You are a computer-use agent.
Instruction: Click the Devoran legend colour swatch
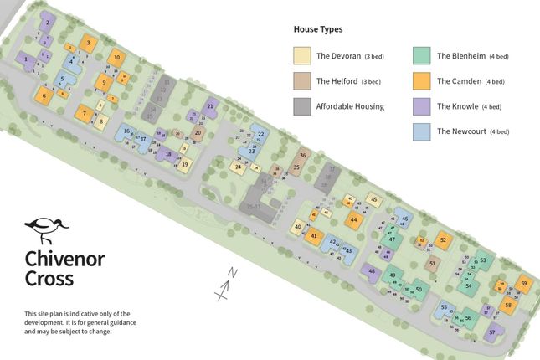(x=301, y=56)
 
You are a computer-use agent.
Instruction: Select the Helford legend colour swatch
(x=301, y=81)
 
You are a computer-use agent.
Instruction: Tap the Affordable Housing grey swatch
(x=301, y=106)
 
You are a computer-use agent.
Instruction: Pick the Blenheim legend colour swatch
(x=423, y=56)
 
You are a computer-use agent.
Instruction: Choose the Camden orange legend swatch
(x=423, y=81)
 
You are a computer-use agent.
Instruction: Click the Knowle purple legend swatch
(x=423, y=106)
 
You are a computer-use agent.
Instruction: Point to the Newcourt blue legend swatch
(x=423, y=131)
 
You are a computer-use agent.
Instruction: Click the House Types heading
(x=317, y=29)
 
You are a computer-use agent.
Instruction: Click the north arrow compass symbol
(x=224, y=285)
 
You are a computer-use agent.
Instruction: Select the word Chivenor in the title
(x=64, y=259)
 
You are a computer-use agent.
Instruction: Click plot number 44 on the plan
(x=354, y=219)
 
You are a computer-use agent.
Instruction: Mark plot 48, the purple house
(x=371, y=270)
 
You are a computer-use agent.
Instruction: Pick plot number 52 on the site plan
(x=442, y=240)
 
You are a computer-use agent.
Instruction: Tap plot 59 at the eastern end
(x=523, y=284)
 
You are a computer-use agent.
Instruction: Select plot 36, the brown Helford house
(x=303, y=156)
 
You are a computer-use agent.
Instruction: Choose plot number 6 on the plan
(x=44, y=95)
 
